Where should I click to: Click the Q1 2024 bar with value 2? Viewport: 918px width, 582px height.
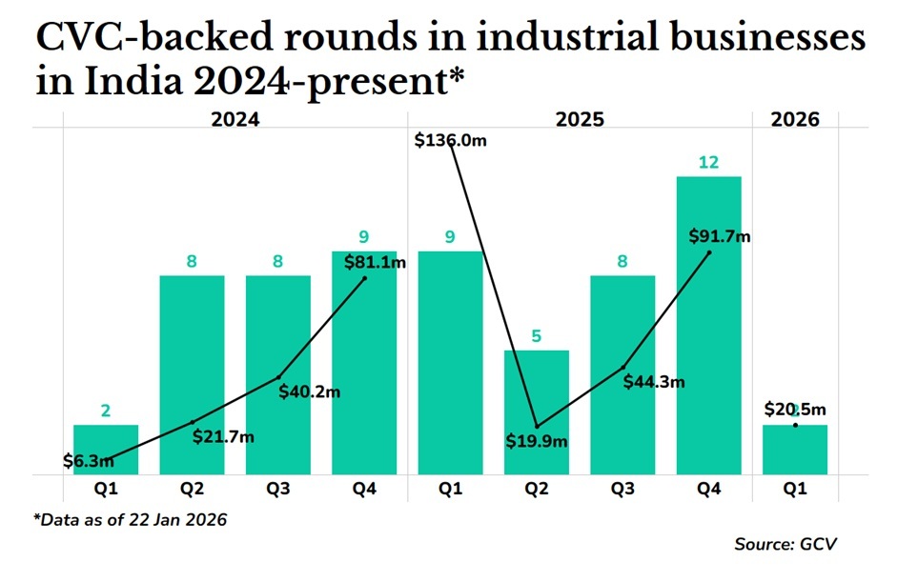(x=106, y=450)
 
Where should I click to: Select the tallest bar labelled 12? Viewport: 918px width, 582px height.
(x=708, y=324)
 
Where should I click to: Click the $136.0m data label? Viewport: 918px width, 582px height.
(x=451, y=140)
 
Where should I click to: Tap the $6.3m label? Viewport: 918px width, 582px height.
(x=89, y=461)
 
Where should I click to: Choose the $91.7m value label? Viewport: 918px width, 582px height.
(x=719, y=236)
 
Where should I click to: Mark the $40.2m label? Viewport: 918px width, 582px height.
(x=310, y=391)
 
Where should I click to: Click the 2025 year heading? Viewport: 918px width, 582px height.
(x=580, y=120)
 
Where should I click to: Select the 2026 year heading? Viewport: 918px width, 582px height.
(x=795, y=120)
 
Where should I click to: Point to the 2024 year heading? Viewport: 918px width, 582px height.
(x=235, y=120)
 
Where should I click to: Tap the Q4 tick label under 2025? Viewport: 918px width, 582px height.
(x=708, y=489)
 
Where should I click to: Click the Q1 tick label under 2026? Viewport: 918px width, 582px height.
(x=795, y=489)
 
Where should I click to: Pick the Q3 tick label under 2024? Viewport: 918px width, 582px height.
(x=278, y=489)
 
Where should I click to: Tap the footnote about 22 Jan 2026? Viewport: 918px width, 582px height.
(x=131, y=519)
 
